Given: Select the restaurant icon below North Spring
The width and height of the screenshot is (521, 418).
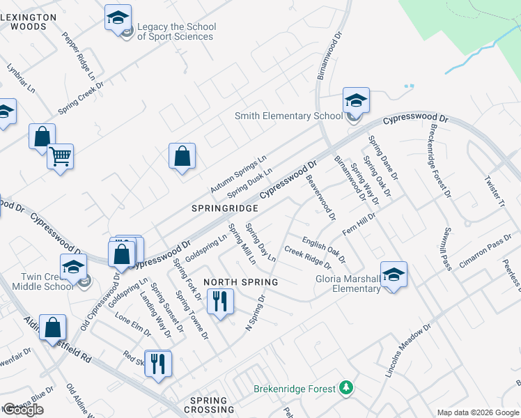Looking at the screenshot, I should coord(221,302).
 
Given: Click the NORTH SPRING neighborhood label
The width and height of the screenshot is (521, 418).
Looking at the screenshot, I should coord(241,282).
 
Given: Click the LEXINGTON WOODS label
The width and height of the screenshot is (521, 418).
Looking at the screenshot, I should coord(28,21).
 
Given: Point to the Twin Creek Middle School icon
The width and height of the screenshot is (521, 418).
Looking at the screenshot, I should coord(74,267).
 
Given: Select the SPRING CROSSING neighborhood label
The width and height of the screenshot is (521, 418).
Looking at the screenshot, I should coord(208,405).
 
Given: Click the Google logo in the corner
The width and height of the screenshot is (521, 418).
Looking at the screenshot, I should coord(24,410).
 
